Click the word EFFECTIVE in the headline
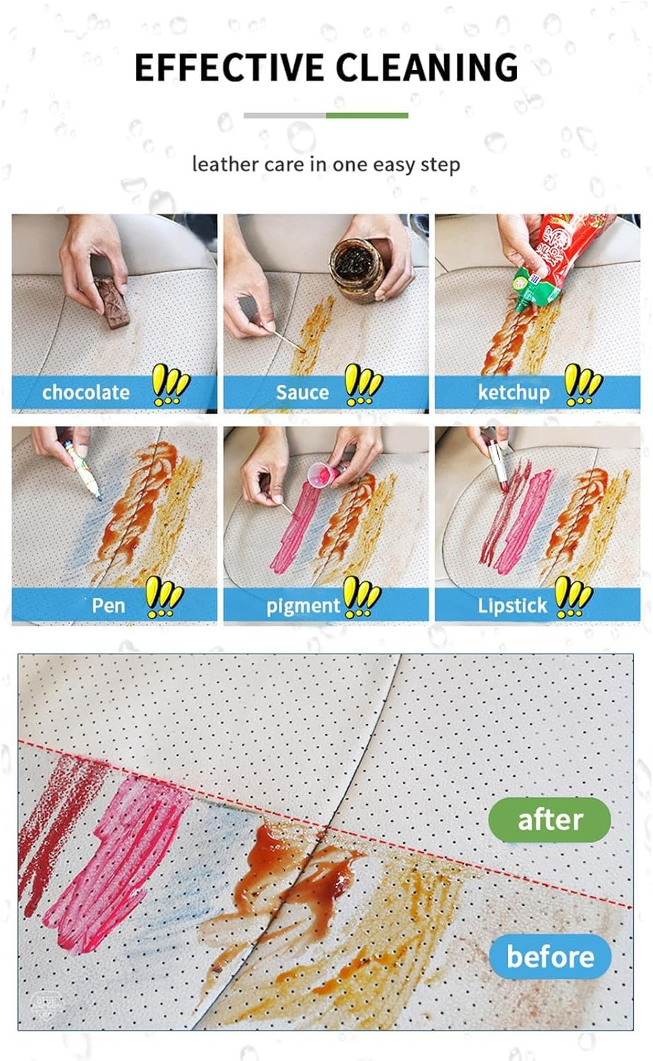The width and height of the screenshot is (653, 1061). point(229,68)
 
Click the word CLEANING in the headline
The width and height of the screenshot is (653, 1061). point(427,68)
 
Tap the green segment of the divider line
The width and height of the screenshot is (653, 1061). point(366,115)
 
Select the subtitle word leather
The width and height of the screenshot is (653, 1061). point(225,164)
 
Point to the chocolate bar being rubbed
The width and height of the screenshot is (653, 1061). point(111,302)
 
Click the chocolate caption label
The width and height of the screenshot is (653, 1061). point(86,392)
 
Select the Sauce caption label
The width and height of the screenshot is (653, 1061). point(302,392)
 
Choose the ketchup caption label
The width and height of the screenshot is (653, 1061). point(514,392)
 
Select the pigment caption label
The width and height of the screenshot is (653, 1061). point(303,605)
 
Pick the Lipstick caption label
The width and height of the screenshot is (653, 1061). point(512,605)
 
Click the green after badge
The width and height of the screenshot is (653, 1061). point(549,820)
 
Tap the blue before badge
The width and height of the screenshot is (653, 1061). point(550,956)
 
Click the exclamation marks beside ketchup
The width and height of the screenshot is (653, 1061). point(583,385)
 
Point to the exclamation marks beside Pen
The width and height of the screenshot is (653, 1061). point(163,597)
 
